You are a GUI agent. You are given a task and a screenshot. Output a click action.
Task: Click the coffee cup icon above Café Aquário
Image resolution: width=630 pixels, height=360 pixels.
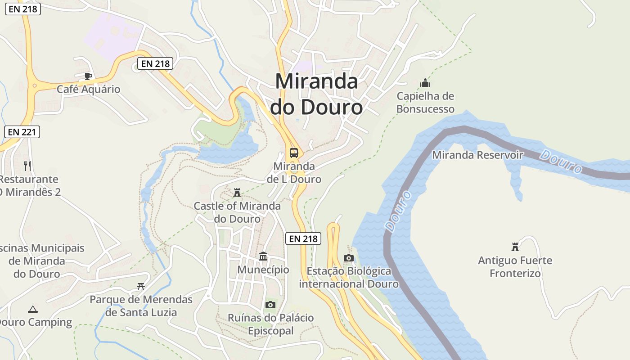tap(88, 76)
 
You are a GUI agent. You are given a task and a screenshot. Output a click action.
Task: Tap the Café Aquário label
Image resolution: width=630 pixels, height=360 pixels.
tap(89, 89)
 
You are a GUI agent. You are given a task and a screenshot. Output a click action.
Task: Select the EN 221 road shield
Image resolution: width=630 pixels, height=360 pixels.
tap(22, 132)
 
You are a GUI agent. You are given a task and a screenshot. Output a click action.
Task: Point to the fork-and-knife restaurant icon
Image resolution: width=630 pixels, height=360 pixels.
tap(27, 166)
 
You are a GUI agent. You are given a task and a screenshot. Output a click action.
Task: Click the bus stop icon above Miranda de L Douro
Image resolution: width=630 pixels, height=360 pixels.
tap(294, 153)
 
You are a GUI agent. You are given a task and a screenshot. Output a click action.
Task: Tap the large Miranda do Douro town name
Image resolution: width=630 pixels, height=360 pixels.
tap(316, 94)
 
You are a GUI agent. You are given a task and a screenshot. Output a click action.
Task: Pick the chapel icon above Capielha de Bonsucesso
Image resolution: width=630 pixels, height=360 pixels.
tap(425, 83)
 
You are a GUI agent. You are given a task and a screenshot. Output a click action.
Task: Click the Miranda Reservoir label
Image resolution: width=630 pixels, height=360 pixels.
tap(477, 155)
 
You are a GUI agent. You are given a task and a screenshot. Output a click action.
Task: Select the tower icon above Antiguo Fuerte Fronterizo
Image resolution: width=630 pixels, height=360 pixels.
tap(515, 247)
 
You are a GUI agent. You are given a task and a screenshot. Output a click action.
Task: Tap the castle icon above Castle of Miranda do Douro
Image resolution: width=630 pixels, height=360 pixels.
tap(237, 193)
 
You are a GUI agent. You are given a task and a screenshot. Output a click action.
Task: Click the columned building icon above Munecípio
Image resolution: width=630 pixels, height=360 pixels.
tap(263, 256)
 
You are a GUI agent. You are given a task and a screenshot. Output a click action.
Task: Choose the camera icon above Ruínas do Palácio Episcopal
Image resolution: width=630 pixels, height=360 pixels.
tap(270, 305)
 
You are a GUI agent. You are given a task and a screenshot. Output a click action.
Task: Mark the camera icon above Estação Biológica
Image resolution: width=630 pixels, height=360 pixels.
tap(348, 258)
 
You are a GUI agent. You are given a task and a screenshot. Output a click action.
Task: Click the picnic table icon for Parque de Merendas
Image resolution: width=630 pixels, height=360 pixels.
tap(141, 286)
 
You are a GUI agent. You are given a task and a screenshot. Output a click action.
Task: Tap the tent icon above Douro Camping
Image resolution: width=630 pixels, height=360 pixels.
tap(32, 309)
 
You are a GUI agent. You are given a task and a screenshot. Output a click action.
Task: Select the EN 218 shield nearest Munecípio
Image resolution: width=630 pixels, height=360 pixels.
tap(303, 238)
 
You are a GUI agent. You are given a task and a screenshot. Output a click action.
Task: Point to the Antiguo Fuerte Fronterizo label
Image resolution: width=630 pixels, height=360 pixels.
tap(515, 267)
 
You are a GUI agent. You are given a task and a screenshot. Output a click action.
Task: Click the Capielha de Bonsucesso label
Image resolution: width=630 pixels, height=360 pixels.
tap(425, 103)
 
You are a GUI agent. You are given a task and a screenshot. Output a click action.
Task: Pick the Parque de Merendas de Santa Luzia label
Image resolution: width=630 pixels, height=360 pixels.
tap(141, 306)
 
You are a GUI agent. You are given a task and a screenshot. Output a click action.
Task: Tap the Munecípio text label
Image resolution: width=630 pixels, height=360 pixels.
tap(263, 270)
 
